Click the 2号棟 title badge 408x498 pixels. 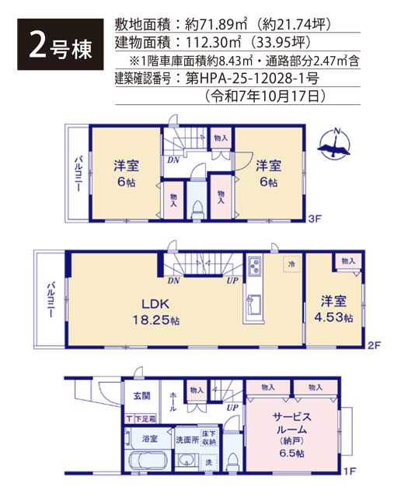[61, 44]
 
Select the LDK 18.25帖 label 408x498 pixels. [155, 312]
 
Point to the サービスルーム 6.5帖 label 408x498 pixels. [291, 434]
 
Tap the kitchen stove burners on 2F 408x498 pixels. [255, 266]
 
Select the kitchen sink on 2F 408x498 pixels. [254, 306]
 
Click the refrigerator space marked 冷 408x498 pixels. [291, 264]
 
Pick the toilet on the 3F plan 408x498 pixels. [197, 209]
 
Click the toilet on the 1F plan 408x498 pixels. [232, 461]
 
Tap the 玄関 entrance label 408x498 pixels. [141, 396]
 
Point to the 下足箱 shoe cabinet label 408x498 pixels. [145, 419]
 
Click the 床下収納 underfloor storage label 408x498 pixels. [209, 438]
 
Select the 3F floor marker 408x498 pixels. [315, 219]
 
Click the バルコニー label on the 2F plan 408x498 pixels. [51, 299]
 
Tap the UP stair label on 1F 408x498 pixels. [232, 408]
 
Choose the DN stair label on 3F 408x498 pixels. [173, 160]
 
